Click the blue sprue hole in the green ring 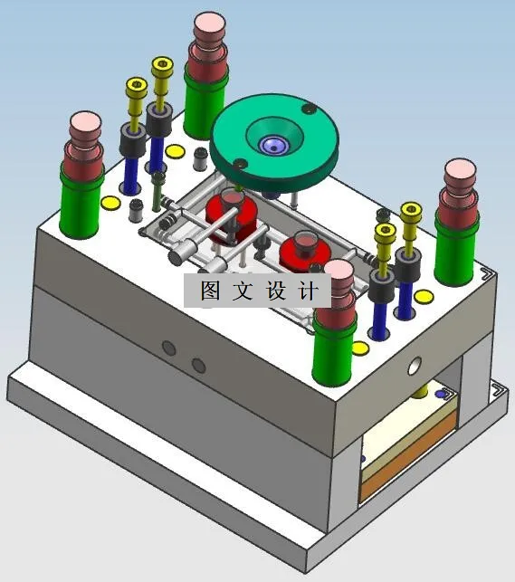click(272, 144)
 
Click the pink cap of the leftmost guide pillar click(86, 122)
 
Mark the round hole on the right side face click(415, 366)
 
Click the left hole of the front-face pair click(168, 348)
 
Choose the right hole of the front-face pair click(199, 365)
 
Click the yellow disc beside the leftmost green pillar click(110, 202)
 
